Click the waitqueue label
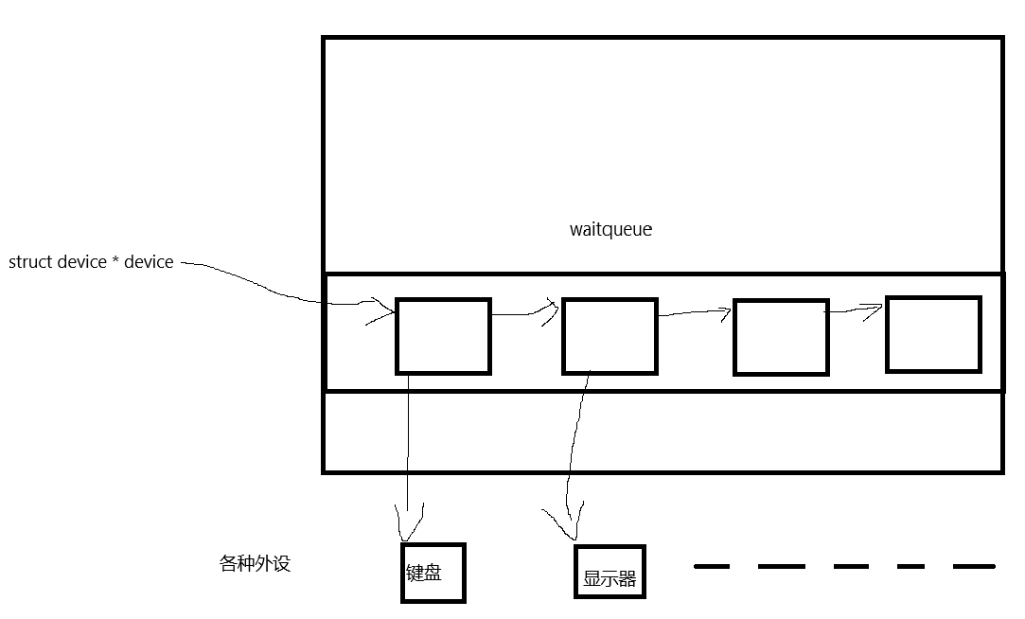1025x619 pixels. coord(610,229)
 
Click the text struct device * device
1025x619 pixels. coord(91,262)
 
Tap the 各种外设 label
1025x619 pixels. coord(255,564)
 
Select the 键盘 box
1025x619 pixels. coord(433,573)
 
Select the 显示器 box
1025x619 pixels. coord(610,572)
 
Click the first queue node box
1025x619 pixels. coord(443,336)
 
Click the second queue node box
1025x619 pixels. coord(610,336)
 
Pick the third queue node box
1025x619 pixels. coord(781,337)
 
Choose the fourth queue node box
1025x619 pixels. coord(933,334)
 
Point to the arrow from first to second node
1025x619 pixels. coord(525,313)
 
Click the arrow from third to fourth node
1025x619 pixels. coord(856,309)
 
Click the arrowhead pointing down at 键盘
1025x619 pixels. coord(409,526)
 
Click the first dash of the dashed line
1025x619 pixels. coord(712,566)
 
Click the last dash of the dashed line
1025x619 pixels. coord(974,566)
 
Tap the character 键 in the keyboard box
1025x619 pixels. coord(415,573)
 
